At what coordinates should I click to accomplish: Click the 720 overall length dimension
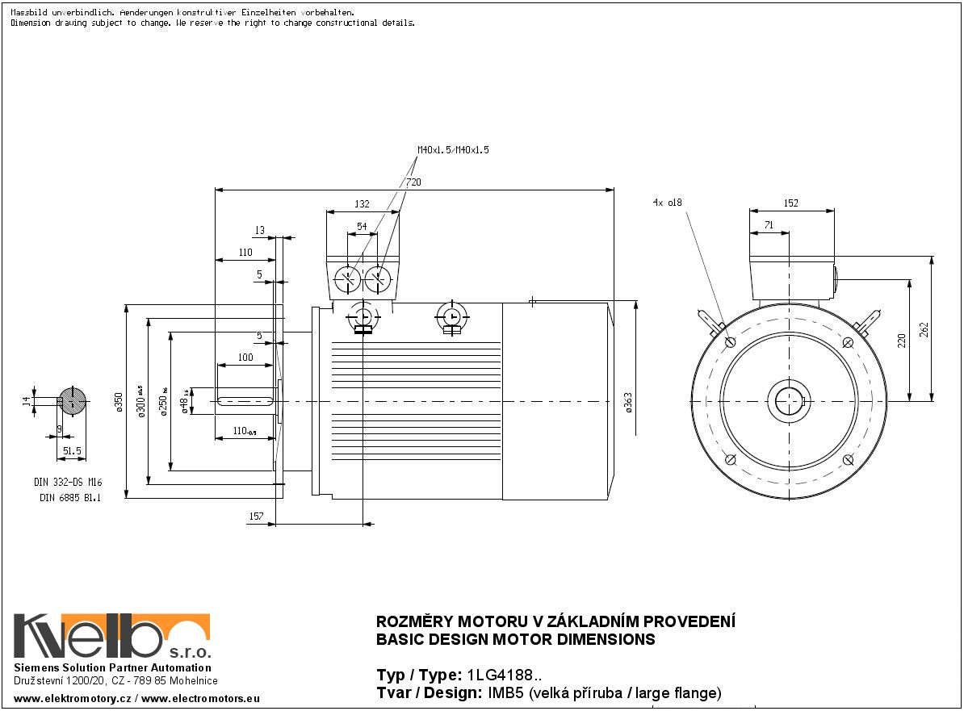click(413, 183)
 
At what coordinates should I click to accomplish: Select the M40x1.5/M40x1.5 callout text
click(453, 150)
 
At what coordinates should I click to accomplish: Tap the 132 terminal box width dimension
click(363, 204)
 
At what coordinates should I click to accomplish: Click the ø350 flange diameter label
click(119, 402)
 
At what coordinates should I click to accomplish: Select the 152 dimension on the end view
click(790, 203)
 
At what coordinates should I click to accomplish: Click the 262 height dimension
click(925, 330)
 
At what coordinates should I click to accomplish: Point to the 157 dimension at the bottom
click(255, 516)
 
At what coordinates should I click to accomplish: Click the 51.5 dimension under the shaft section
click(73, 451)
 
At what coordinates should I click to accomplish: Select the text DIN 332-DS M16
click(68, 482)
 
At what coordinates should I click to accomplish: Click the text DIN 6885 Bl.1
click(70, 497)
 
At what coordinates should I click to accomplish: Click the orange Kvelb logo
click(112, 636)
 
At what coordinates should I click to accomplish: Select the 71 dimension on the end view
click(769, 226)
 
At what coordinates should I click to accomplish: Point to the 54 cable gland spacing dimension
click(362, 227)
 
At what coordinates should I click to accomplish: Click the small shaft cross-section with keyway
click(73, 401)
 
